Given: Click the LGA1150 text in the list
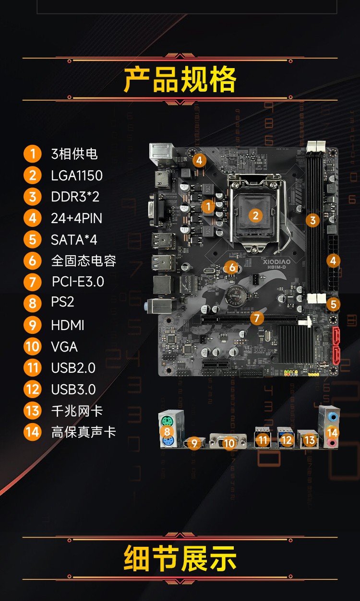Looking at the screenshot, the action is [x=77, y=176].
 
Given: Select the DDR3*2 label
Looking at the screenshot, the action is [x=75, y=197].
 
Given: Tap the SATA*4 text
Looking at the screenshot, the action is [x=74, y=240].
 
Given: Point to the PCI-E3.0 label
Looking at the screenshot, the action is [x=78, y=282].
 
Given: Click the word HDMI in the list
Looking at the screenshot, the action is [x=68, y=325].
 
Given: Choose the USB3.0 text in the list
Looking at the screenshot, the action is [x=73, y=389].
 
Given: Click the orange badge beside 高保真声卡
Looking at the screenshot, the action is [x=33, y=432].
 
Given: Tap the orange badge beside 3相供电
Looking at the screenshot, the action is [x=33, y=154].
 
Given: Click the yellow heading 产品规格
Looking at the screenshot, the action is [x=180, y=79].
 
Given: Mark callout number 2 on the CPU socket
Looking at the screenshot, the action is [x=255, y=215].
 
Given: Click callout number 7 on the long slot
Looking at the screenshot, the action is [x=257, y=318].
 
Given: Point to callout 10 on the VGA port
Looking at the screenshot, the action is [x=229, y=443].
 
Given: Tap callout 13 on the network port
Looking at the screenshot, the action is [x=310, y=440].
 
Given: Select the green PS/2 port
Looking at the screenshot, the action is [x=167, y=421].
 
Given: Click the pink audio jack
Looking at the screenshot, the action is [x=333, y=442].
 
